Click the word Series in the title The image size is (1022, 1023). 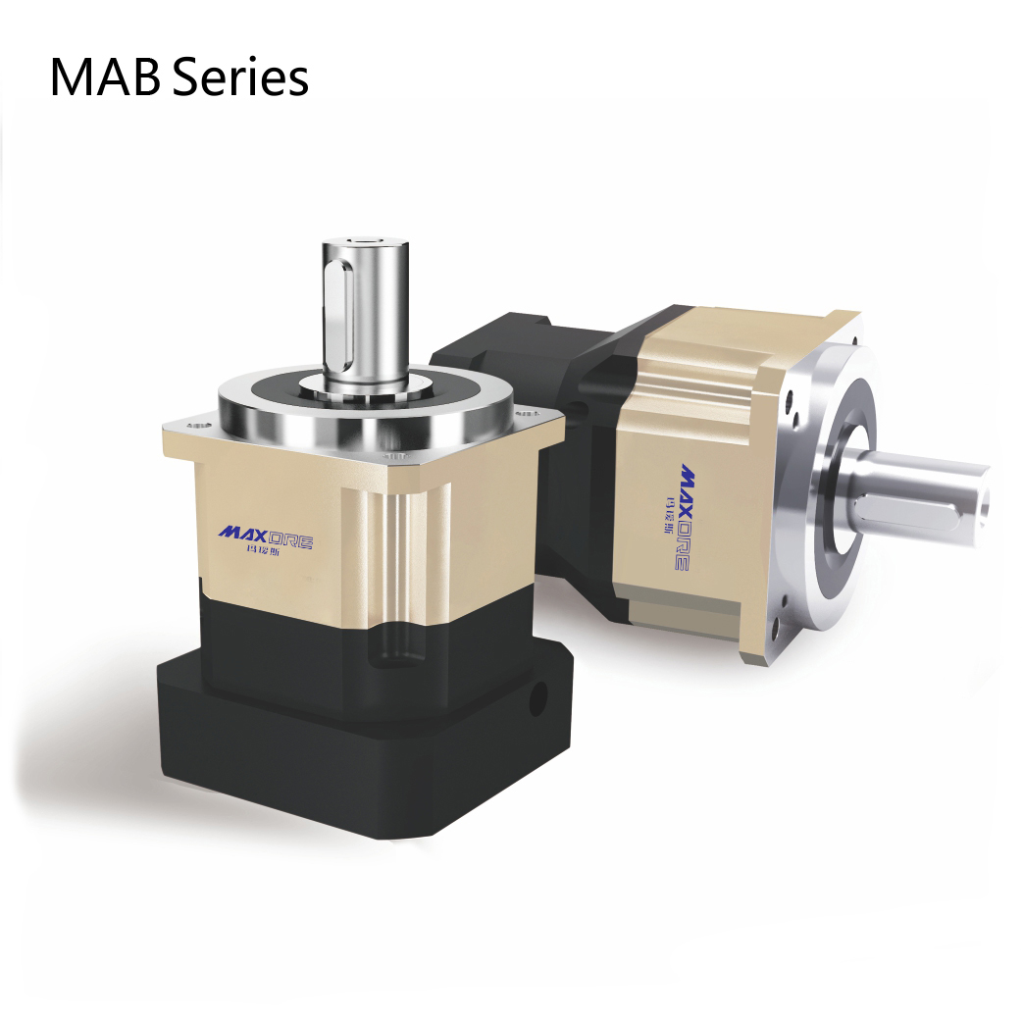[x=241, y=77]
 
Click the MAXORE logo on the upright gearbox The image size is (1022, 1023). [x=265, y=534]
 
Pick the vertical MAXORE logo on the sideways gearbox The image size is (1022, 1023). [x=682, y=515]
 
